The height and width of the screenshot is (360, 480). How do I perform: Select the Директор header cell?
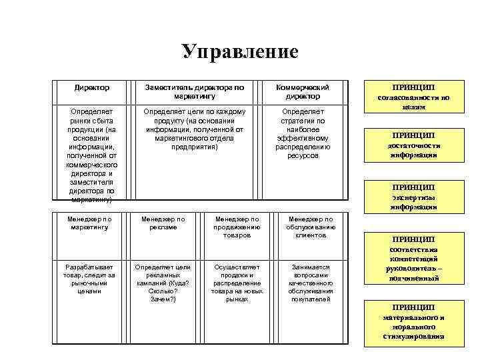coord(93,87)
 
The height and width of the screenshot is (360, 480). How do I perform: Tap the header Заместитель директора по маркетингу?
coord(194,91)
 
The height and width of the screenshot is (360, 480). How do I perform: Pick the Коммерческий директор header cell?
coord(303,91)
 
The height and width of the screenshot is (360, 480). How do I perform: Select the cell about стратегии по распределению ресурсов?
coord(303,133)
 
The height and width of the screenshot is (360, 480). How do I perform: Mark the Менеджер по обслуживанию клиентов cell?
coord(310,227)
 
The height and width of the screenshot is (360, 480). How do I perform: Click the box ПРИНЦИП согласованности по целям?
coord(413,97)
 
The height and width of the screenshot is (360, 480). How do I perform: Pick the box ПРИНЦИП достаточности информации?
coord(413,145)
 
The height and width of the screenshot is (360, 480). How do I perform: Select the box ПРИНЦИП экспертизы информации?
coord(413,197)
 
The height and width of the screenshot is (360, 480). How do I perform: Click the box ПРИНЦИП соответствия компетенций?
coord(413,259)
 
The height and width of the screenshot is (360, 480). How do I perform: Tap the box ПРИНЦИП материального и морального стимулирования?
coord(413,322)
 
